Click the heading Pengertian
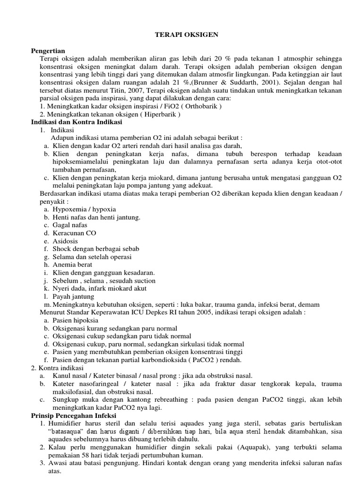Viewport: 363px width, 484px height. [48, 50]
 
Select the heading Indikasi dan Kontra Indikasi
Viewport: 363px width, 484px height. [77, 122]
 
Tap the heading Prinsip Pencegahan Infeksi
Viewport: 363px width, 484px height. [73, 415]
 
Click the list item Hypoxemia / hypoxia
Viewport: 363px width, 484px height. [84, 209]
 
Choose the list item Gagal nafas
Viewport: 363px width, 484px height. [70, 225]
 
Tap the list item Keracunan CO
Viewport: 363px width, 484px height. [74, 233]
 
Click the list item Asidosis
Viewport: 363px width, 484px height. [65, 241]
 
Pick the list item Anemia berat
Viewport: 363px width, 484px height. [72, 265]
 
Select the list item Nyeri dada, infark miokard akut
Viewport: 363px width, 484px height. [99, 288]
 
